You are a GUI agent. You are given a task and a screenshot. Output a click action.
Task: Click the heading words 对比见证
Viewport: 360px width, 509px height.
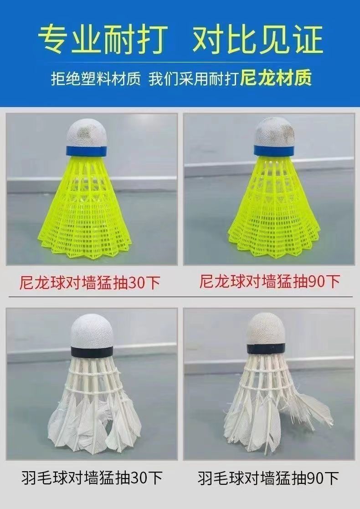click(x=257, y=40)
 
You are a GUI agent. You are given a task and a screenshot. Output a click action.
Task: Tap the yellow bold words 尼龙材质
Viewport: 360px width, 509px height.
click(x=276, y=78)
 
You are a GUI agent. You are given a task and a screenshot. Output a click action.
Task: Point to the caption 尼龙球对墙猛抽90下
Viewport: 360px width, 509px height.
click(x=270, y=282)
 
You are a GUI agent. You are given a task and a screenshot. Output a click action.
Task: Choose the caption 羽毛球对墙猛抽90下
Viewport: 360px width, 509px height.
click(x=268, y=478)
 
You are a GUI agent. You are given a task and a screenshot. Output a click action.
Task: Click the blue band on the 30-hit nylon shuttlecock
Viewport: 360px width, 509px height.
click(x=87, y=150)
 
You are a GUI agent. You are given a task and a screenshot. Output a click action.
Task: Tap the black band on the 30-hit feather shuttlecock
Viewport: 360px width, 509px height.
click(x=92, y=351)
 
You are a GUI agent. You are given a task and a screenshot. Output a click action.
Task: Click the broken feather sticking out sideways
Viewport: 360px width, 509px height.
click(x=314, y=408)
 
